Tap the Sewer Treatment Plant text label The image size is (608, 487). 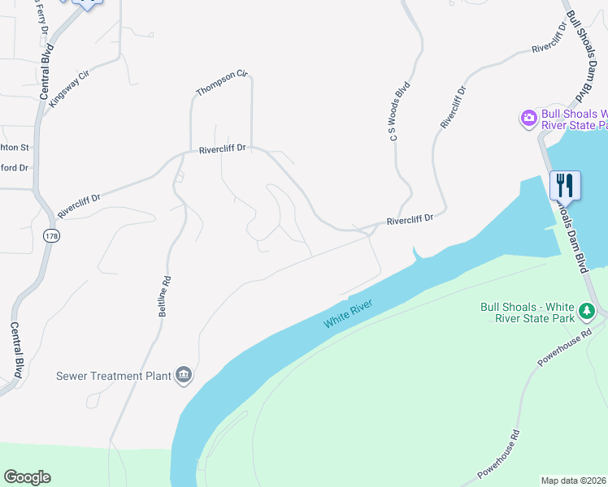coord(113,376)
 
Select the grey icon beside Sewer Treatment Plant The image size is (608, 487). coord(185,374)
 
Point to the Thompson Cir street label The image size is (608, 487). coord(221,82)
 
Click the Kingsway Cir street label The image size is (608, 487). coord(68,88)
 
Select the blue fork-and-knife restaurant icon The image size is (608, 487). coord(565,185)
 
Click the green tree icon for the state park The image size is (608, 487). coord(586,311)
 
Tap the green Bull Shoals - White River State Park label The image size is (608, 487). coord(528,312)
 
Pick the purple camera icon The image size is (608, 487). coord(529,119)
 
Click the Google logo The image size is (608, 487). coord(27,477)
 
